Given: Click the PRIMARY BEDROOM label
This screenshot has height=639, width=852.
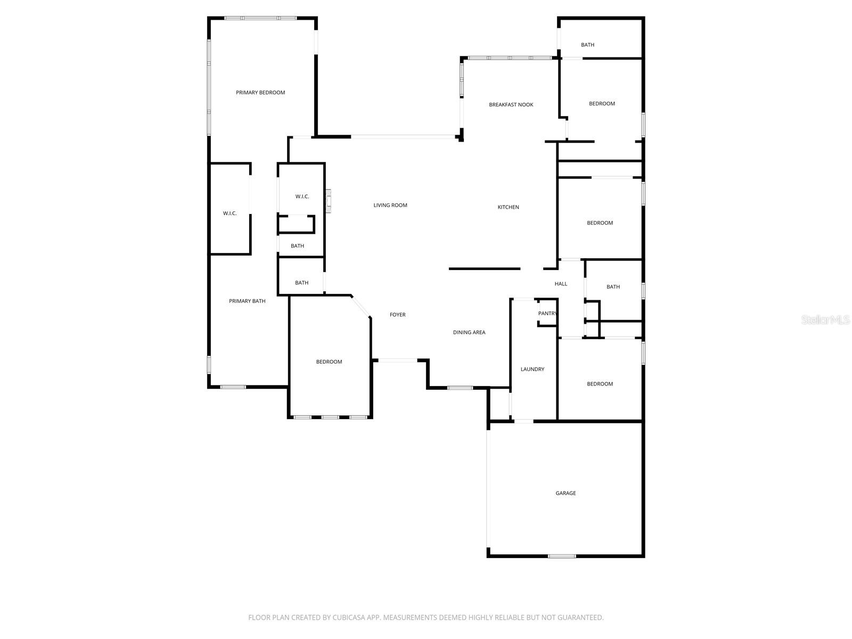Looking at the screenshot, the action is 260,92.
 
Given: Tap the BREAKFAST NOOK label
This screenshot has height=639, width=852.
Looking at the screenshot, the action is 511,104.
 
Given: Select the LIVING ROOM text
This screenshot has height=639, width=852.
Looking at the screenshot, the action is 390,205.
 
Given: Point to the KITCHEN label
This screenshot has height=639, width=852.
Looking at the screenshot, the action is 508,207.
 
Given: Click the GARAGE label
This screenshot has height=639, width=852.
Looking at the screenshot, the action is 566,493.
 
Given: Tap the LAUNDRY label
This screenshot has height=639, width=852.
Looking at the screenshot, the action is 532,369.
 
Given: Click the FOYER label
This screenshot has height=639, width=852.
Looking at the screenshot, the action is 397,314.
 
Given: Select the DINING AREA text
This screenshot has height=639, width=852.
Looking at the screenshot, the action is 469,332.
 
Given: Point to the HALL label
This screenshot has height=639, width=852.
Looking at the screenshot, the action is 561,284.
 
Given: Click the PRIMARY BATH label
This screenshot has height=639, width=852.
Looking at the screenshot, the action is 247,301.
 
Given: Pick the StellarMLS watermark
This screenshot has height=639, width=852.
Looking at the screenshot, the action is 825,319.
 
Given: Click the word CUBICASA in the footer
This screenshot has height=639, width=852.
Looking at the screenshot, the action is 347,617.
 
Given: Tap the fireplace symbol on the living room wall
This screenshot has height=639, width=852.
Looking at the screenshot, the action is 329,201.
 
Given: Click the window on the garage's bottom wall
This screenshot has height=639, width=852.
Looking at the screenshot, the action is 562,556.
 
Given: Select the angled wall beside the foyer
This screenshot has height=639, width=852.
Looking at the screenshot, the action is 361,307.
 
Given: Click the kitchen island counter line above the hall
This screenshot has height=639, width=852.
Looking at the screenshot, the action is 485,268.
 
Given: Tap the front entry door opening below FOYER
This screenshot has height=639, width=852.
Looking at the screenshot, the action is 397,361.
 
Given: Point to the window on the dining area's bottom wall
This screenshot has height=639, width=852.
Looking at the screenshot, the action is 460,388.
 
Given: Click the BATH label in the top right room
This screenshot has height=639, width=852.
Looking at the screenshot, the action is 587,45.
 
